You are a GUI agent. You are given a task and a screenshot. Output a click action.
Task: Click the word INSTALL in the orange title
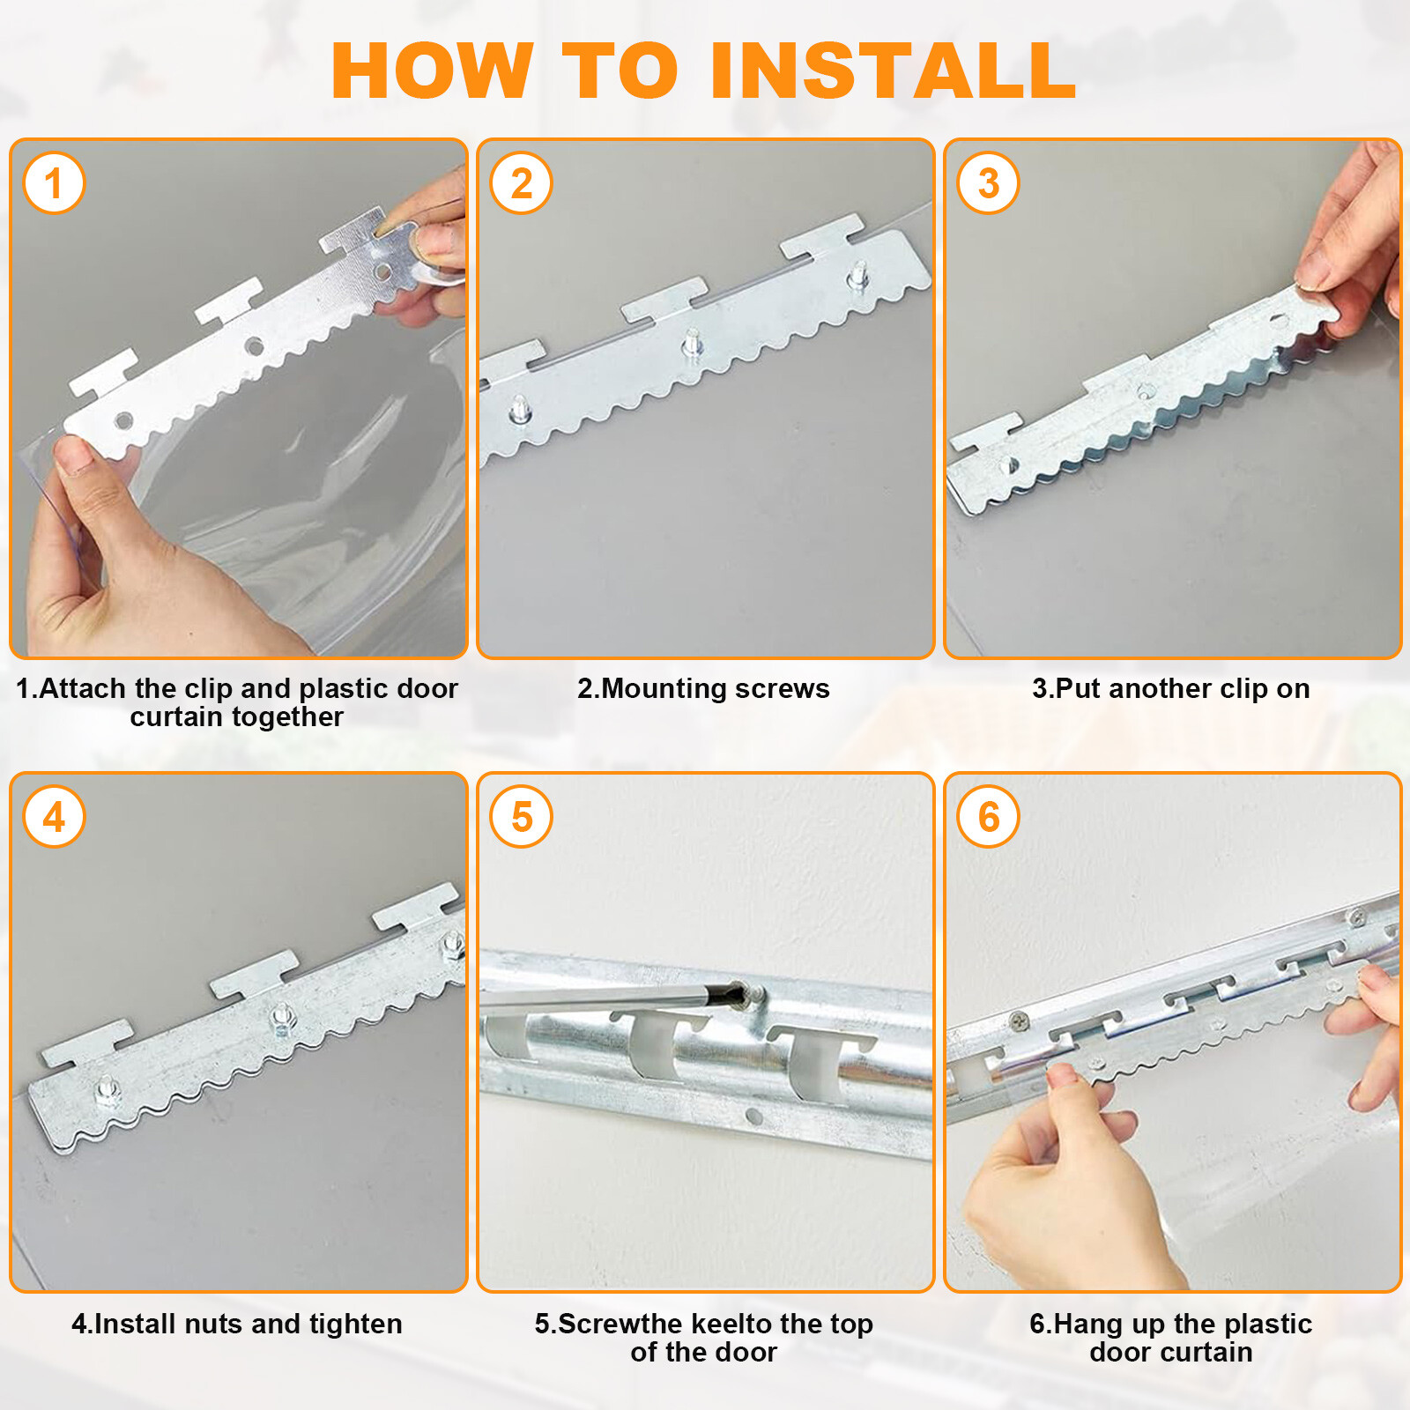click(893, 70)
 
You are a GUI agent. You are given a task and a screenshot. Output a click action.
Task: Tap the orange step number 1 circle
click(54, 183)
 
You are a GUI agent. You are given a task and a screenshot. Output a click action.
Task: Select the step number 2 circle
click(521, 183)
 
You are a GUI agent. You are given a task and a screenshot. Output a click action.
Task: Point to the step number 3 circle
click(988, 183)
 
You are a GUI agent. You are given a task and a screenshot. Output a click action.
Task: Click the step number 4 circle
click(54, 817)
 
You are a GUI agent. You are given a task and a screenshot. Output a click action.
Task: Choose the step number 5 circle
click(521, 817)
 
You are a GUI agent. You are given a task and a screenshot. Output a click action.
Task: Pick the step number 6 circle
click(988, 817)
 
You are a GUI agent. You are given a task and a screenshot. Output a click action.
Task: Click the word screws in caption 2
click(783, 688)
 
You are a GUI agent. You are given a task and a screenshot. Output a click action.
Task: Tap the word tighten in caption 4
click(355, 1324)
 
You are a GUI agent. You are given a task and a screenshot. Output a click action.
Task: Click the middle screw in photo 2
click(692, 341)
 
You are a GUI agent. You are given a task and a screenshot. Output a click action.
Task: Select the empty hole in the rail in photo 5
click(753, 1117)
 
